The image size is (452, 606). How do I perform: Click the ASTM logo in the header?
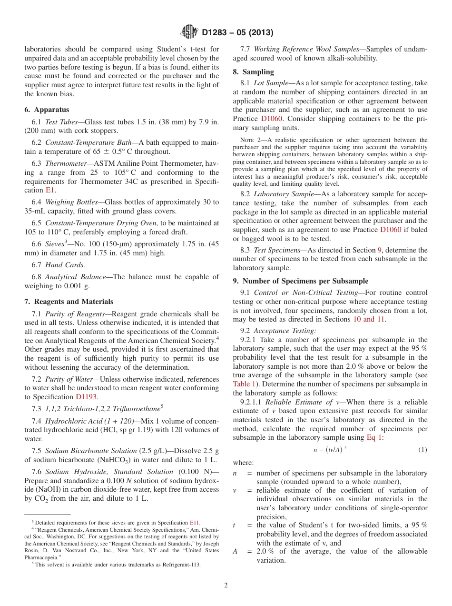[190, 32]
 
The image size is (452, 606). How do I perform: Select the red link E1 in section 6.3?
[50, 190]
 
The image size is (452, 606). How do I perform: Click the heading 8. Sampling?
[253, 72]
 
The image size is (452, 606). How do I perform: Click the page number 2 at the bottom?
[226, 586]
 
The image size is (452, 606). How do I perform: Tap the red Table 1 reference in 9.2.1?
[244, 384]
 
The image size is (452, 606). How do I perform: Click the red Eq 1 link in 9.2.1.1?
[374, 437]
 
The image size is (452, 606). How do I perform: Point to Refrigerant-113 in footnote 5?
[181, 565]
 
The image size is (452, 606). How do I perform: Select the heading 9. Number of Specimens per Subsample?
[300, 281]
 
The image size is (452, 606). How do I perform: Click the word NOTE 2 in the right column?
[250, 140]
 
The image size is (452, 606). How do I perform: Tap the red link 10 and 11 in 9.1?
[369, 319]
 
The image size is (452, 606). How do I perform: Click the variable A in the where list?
[235, 551]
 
